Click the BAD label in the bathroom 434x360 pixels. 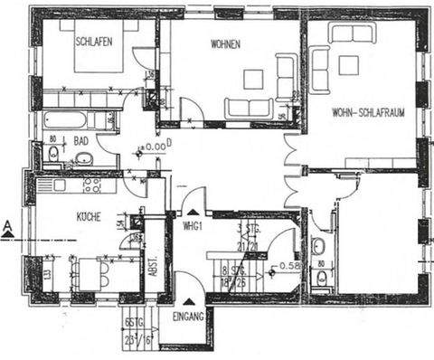coord(81,141)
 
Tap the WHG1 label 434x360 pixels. coord(191,224)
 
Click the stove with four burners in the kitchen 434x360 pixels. coord(92,185)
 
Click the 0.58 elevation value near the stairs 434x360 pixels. coord(289,266)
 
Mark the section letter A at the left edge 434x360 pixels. coord(7,227)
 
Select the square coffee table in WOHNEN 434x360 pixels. coord(253,79)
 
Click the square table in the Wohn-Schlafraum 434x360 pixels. coord(348,64)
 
